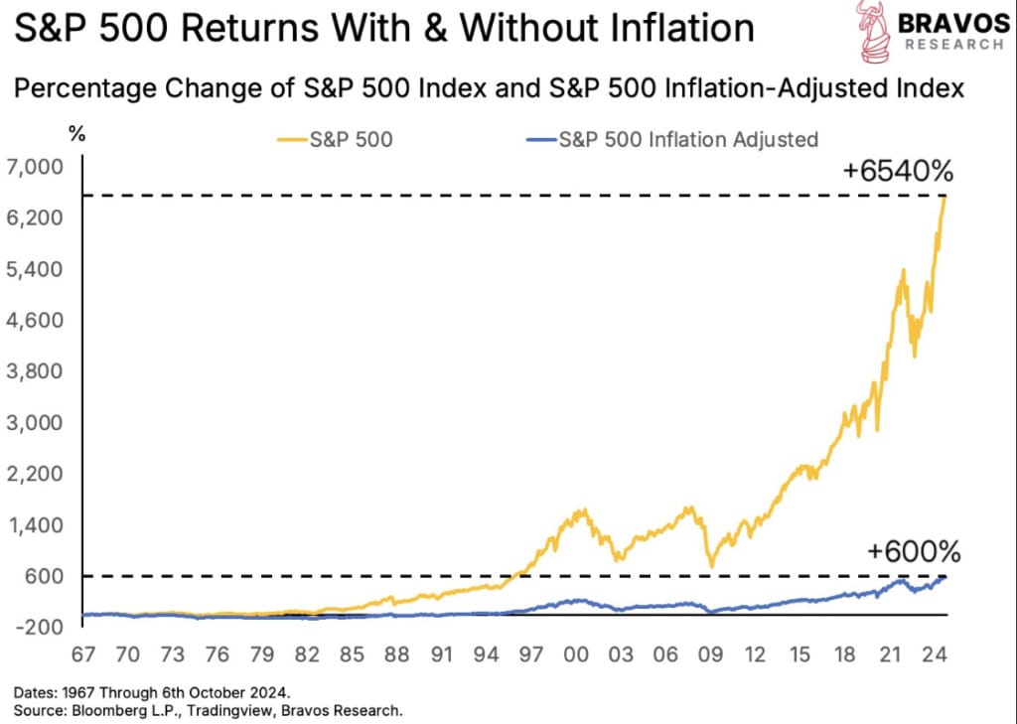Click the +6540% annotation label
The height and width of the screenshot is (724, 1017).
(898, 171)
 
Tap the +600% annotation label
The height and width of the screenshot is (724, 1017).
(914, 552)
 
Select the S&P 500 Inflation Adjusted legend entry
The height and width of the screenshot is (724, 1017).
(672, 139)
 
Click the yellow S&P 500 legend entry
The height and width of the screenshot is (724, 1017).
(336, 139)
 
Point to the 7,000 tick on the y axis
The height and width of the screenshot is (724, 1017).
(35, 168)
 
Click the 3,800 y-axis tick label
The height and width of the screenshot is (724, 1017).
(35, 371)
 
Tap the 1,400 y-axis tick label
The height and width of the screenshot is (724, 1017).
(35, 524)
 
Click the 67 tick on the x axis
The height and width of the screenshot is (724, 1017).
(83, 654)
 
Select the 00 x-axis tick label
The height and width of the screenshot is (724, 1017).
(576, 654)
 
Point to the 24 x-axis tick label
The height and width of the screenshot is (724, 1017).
(935, 654)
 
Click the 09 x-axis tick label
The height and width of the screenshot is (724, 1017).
(710, 654)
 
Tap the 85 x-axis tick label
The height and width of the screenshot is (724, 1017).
(352, 654)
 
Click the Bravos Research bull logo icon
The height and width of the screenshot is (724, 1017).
(872, 31)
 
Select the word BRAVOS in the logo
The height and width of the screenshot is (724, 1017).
(954, 23)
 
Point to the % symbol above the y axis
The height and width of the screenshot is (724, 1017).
(77, 134)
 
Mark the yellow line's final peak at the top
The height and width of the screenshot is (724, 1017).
(945, 197)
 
